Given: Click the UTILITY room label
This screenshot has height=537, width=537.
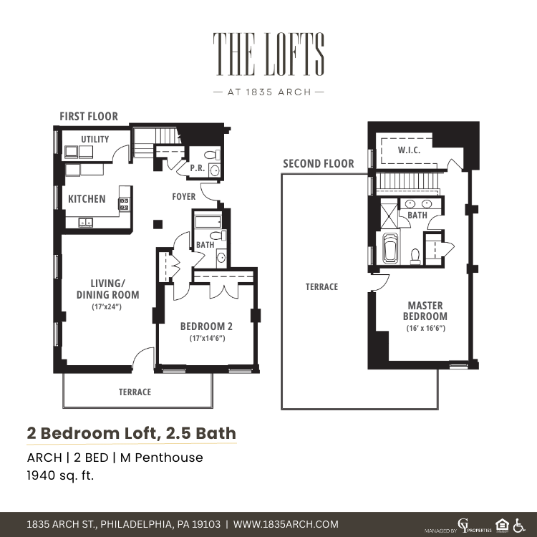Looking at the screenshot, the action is click(x=95, y=140).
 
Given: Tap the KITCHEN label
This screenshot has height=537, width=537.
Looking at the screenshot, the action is click(x=87, y=199).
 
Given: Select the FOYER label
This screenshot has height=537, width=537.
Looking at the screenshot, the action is click(x=183, y=197).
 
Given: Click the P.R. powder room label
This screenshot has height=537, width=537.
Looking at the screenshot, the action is click(x=198, y=168).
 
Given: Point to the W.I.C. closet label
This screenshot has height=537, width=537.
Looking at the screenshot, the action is click(x=409, y=150).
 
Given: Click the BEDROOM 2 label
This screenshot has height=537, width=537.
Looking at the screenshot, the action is click(x=206, y=326).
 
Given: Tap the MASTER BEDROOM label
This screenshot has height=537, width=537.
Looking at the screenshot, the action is click(x=425, y=311).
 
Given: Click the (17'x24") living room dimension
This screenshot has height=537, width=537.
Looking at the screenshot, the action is click(x=107, y=306).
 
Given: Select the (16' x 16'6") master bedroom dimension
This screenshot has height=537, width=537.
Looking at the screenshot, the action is click(x=426, y=328).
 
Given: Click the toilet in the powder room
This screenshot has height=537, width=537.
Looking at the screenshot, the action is click(x=213, y=155).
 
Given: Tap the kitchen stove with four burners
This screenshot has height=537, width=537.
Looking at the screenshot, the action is click(x=124, y=204).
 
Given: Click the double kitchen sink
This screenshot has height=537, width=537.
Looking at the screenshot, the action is click(x=85, y=222).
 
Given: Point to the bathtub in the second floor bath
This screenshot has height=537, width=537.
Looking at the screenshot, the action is click(x=390, y=248).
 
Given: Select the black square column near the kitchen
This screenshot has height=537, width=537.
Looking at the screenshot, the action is click(x=158, y=224).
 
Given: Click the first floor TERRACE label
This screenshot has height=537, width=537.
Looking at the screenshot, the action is click(x=135, y=392).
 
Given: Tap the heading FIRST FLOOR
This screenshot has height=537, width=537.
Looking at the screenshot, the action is click(x=89, y=117).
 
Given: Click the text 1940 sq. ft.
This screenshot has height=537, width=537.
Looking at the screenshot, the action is click(x=60, y=475).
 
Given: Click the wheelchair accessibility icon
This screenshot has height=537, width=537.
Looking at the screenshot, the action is click(x=519, y=525).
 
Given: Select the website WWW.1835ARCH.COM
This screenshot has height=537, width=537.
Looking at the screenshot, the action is click(x=286, y=524).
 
